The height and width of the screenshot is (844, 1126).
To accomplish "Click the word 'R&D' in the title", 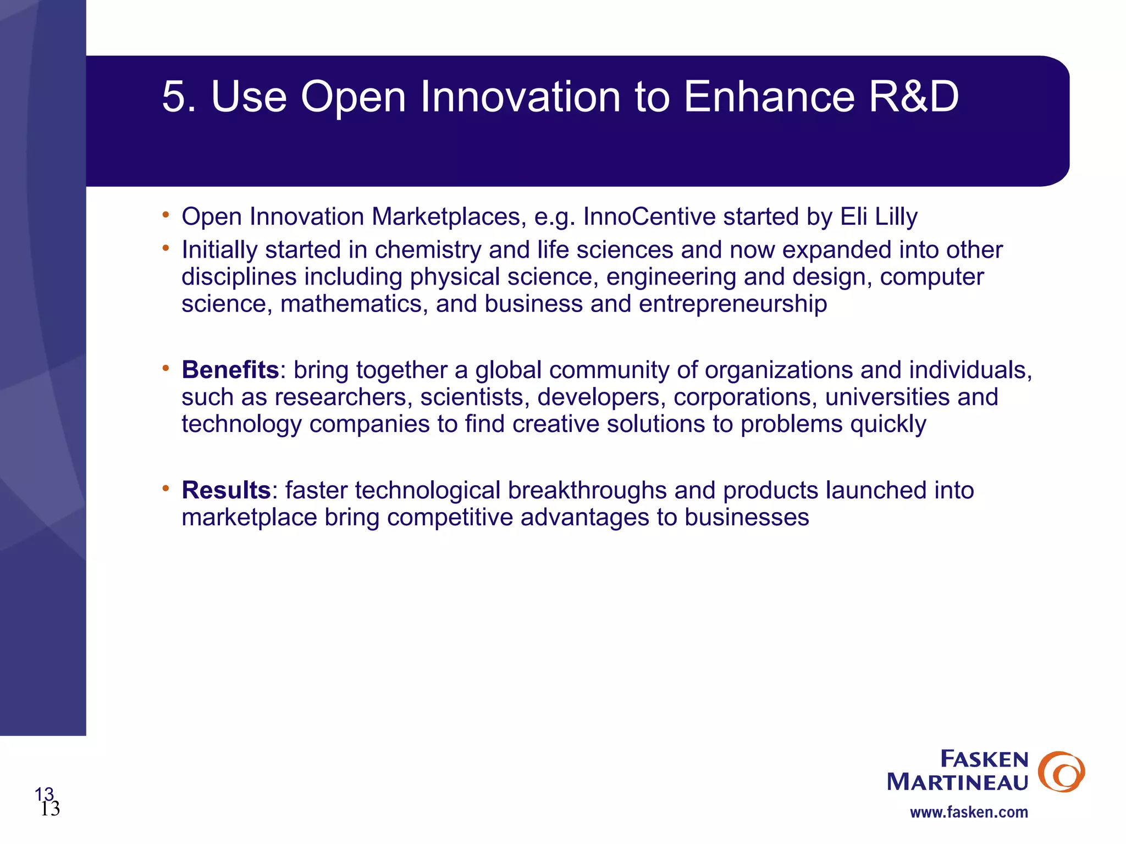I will pos(913,97).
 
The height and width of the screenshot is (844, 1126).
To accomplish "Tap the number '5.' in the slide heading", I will pos(179,97).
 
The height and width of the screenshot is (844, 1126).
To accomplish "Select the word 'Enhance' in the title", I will pos(769,97).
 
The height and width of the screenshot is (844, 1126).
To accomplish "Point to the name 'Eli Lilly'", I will pos(879,216).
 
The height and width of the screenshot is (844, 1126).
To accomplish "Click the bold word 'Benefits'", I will pos(230,370).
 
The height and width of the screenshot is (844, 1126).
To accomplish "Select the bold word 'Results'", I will pos(226,490).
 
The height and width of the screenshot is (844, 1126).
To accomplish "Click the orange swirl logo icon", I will pos(1061,771).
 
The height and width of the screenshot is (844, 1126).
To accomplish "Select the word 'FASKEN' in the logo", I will pos(984,759).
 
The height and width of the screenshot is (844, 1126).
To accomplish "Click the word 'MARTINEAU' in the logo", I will pos(957,782).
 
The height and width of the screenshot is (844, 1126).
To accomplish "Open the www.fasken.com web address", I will pos(969,812).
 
